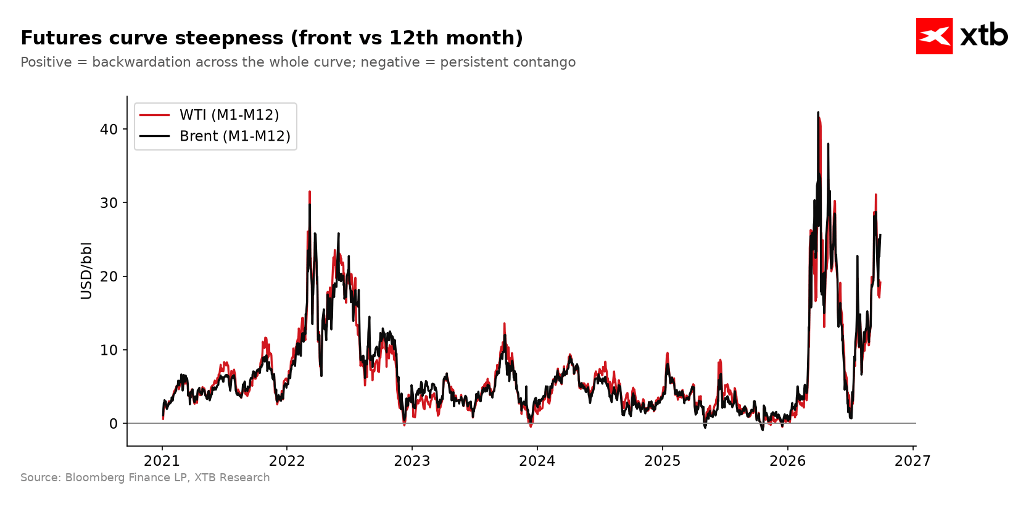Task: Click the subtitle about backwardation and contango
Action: [298, 62]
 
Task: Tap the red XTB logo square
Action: [934, 36]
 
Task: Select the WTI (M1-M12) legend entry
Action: [209, 115]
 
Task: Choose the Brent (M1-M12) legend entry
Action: [215, 136]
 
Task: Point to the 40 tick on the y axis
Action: [109, 130]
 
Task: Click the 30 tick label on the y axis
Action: [109, 203]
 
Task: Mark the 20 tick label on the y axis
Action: [109, 277]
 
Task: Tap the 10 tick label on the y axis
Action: [109, 350]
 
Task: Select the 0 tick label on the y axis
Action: [114, 424]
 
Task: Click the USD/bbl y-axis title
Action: [86, 271]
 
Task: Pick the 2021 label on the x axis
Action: [162, 461]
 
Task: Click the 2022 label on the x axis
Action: [287, 461]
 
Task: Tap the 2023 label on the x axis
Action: [412, 461]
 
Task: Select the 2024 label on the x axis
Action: [537, 461]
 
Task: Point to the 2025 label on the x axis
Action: [663, 461]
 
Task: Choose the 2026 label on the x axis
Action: [788, 461]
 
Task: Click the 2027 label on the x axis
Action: [913, 461]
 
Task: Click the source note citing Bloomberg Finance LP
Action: [145, 478]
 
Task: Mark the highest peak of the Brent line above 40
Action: [818, 112]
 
